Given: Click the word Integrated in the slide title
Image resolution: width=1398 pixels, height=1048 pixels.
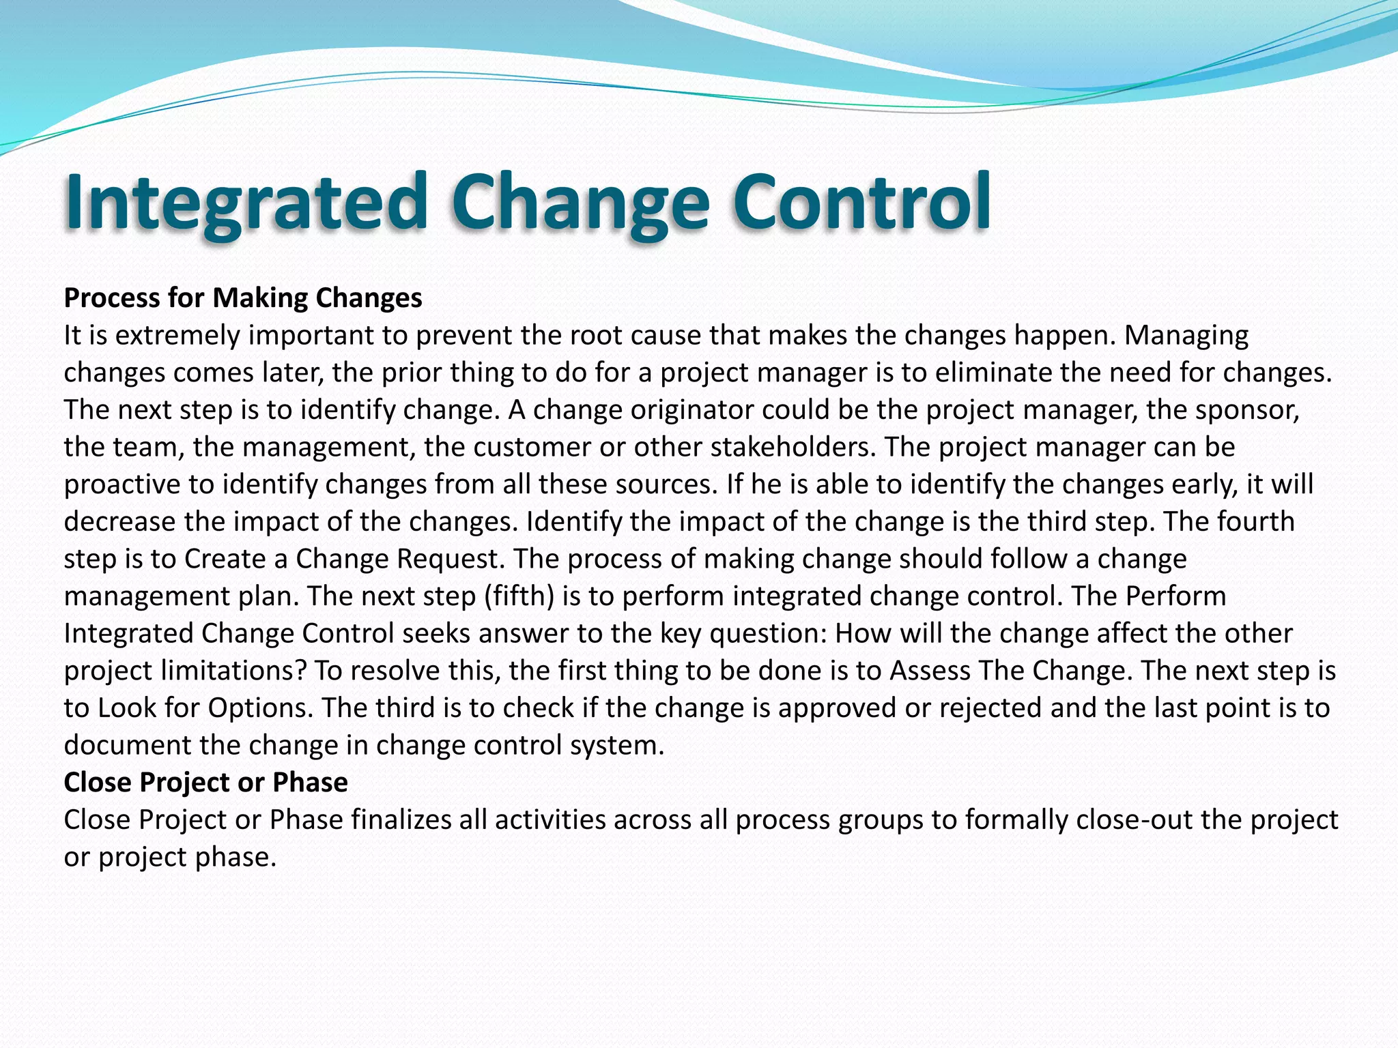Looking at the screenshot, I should point(246,203).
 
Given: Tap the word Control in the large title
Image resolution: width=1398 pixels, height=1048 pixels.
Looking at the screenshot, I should point(861,203).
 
